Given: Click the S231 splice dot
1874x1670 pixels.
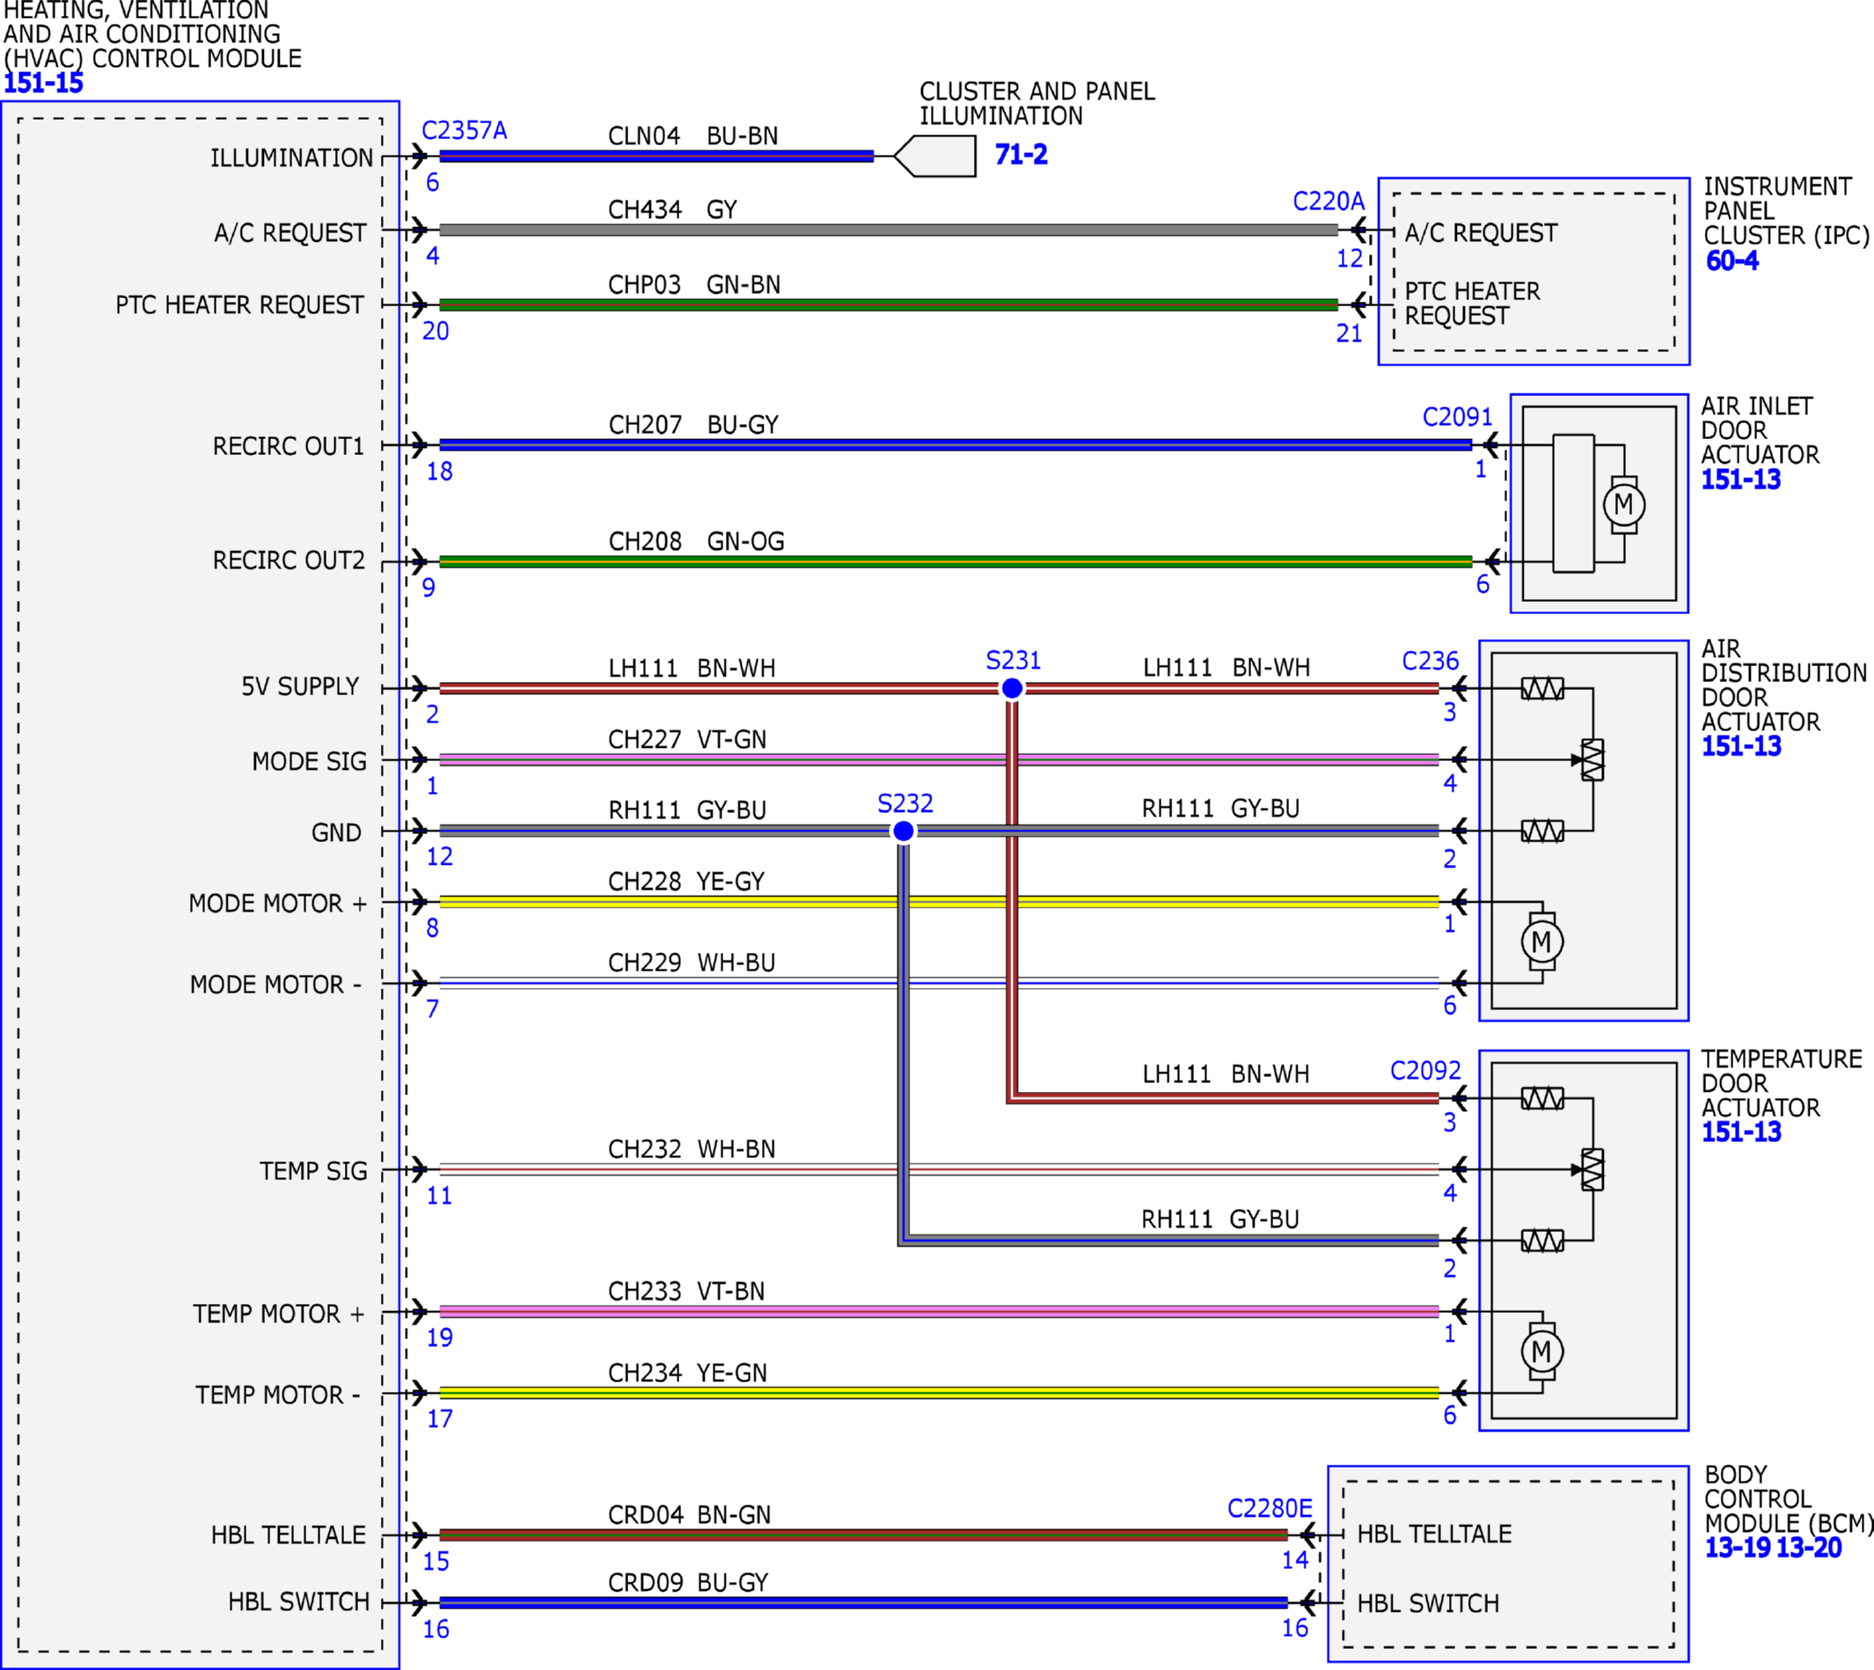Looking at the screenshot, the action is pyautogui.click(x=1012, y=688).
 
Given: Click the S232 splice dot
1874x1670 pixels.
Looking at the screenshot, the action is pyautogui.click(x=904, y=831).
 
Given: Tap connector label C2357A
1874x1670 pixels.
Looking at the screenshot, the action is pyautogui.click(x=465, y=130).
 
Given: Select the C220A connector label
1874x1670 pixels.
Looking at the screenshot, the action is pyautogui.click(x=1329, y=201).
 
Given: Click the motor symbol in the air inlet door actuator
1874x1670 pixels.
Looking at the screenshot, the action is pyautogui.click(x=1623, y=504).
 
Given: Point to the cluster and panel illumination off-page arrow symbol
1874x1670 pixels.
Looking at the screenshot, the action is pyautogui.click(x=934, y=156).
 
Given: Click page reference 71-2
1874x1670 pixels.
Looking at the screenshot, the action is pyautogui.click(x=1021, y=154).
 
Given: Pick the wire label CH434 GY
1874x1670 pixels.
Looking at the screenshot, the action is pyautogui.click(x=672, y=210).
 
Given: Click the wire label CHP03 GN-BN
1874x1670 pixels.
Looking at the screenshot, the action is pyautogui.click(x=694, y=284).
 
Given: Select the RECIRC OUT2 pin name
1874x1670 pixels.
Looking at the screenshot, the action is pyautogui.click(x=289, y=560).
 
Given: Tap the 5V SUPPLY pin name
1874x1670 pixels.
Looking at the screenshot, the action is pyautogui.click(x=300, y=686).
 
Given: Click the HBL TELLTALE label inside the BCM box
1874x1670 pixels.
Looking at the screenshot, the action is pyautogui.click(x=1434, y=1534).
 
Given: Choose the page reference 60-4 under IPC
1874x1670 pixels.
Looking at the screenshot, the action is pyautogui.click(x=1731, y=260).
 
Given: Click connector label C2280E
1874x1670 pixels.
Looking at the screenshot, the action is pyautogui.click(x=1270, y=1508).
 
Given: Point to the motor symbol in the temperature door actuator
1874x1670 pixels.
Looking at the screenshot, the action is pyautogui.click(x=1542, y=1351).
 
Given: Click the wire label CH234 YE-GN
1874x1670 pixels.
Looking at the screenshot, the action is pyautogui.click(x=687, y=1373).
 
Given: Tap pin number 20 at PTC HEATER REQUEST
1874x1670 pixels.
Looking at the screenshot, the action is pyautogui.click(x=436, y=331).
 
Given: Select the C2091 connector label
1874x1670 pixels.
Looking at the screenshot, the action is pyautogui.click(x=1458, y=417).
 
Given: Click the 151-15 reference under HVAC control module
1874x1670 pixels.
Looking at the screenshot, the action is pyautogui.click(x=43, y=84).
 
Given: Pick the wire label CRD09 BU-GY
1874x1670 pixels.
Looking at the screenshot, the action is pyautogui.click(x=688, y=1583).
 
